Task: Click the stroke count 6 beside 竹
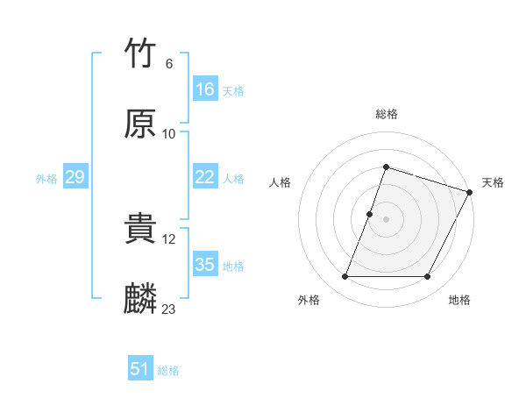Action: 168,64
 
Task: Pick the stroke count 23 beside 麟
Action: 169,309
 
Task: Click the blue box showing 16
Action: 205,89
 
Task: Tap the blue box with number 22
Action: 205,177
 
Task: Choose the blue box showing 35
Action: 205,265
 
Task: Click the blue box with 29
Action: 75,177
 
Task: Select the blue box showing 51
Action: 140,369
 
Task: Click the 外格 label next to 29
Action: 46,178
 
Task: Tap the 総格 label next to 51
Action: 168,370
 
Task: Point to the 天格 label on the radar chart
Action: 493,182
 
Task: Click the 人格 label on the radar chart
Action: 280,182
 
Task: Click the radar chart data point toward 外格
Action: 345,277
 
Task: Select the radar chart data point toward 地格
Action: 427,277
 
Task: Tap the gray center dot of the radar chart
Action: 386,219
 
